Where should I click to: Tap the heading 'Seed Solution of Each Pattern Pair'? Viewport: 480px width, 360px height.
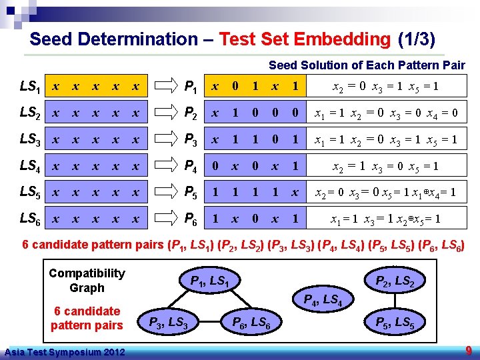click(x=367, y=65)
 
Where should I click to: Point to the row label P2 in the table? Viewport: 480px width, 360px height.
click(x=191, y=113)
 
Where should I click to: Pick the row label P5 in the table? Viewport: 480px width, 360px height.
click(x=191, y=193)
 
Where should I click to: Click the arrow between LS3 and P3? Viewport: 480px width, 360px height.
click(x=163, y=140)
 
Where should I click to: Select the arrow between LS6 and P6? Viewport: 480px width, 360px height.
click(x=163, y=219)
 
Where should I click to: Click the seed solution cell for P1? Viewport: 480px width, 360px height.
click(x=385, y=87)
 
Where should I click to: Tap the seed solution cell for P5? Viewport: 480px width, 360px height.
click(x=385, y=193)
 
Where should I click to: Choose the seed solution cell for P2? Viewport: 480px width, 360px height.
click(x=385, y=113)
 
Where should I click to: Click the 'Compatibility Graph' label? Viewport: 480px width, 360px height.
click(x=87, y=281)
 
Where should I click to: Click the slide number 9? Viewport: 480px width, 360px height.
click(x=468, y=349)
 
